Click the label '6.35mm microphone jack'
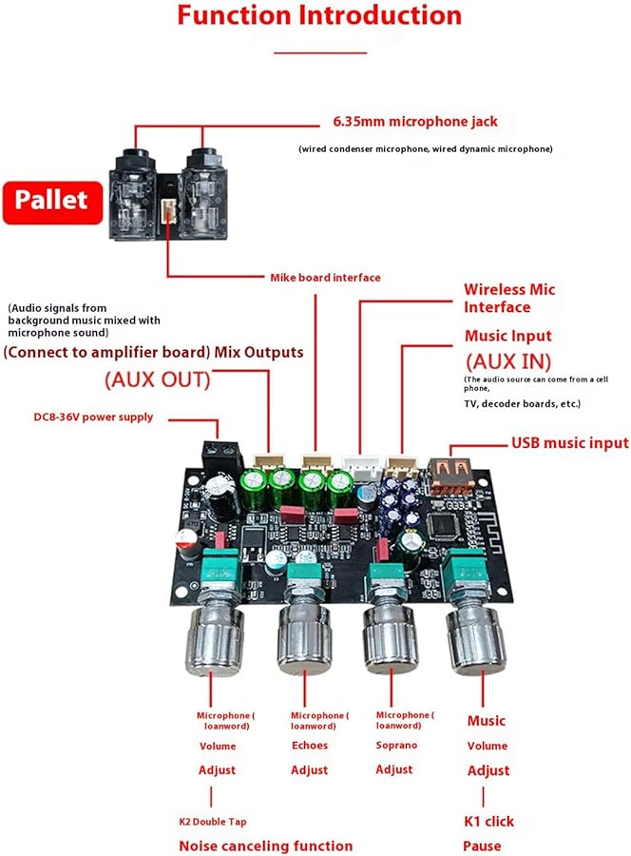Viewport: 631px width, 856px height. (x=414, y=122)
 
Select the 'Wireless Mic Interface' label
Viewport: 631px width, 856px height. (x=509, y=298)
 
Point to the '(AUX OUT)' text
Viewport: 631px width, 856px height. (x=157, y=379)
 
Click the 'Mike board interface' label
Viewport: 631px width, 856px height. (x=325, y=278)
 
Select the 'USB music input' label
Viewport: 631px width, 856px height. (x=569, y=442)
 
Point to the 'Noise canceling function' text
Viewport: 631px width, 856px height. (x=265, y=846)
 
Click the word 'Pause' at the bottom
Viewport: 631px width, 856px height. (x=482, y=846)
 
